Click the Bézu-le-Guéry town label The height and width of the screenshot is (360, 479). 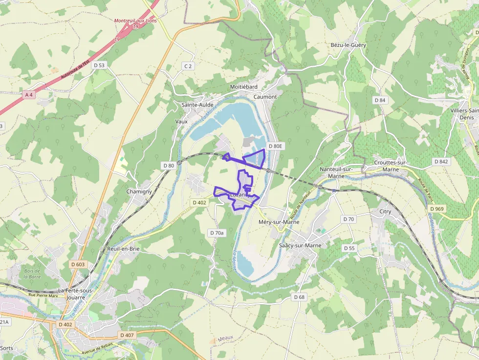point(348,45)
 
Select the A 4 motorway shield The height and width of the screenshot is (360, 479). point(29,95)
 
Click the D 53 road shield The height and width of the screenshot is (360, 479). point(98,65)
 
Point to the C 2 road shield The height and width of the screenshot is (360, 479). point(188,65)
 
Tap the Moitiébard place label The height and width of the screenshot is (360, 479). point(243,86)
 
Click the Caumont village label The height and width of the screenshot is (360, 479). point(265,97)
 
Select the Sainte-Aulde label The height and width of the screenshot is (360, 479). point(197,105)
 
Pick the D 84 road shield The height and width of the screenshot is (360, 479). point(380,100)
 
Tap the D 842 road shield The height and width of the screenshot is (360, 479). point(440,161)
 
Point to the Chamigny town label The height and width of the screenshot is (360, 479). point(139,191)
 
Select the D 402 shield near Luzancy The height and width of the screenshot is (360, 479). point(199,202)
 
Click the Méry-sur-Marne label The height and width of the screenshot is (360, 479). point(278,222)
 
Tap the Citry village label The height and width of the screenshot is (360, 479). point(385,212)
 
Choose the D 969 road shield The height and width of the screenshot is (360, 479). point(437,209)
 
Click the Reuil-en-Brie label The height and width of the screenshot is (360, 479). point(123,249)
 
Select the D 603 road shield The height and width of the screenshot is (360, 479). point(78,264)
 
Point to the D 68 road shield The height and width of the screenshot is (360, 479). point(299,297)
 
